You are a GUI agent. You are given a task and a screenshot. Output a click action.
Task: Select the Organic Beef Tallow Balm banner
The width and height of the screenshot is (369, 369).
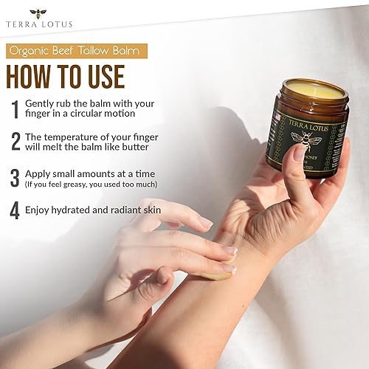pos(76,51)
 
